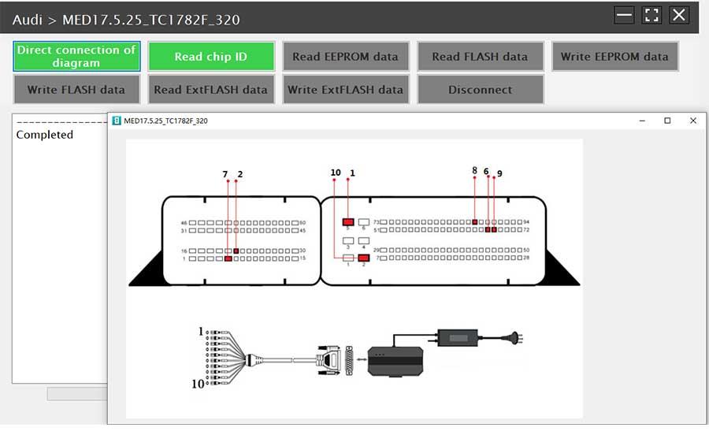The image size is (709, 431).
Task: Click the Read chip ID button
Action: [x=211, y=57]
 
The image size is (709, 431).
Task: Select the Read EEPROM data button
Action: [x=345, y=57]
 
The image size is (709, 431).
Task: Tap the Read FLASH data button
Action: [x=480, y=57]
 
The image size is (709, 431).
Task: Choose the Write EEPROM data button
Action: [x=614, y=57]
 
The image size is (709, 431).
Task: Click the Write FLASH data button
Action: [x=76, y=90]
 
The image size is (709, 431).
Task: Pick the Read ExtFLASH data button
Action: [x=211, y=90]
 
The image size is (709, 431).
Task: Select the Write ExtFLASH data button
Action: [x=345, y=90]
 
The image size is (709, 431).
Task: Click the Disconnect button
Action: [x=480, y=90]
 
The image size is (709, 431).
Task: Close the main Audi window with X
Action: [x=679, y=15]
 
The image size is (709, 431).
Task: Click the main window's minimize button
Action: [x=625, y=15]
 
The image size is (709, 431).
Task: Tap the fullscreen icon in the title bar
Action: [x=651, y=15]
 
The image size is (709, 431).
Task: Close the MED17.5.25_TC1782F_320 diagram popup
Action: [x=693, y=121]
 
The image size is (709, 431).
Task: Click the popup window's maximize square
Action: [x=667, y=121]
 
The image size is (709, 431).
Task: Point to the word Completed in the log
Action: [x=45, y=135]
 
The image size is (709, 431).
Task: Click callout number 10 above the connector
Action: [x=336, y=173]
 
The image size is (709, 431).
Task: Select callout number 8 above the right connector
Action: [x=474, y=170]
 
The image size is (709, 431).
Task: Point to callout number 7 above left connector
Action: [x=225, y=173]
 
